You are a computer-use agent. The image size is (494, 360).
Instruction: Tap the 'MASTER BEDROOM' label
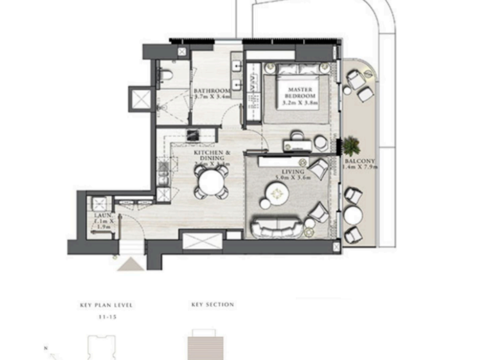(x=299, y=93)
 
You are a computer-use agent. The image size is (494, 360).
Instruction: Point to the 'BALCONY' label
(x=360, y=161)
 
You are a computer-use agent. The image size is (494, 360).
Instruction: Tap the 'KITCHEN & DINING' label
(x=209, y=155)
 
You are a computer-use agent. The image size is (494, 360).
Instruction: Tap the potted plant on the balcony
(x=351, y=145)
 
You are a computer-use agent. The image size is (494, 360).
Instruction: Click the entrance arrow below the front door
(x=127, y=264)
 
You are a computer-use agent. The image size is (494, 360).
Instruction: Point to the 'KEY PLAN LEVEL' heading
(x=107, y=305)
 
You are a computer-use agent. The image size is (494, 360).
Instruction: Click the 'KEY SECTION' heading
(x=212, y=305)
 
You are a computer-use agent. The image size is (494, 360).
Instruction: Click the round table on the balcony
(x=352, y=214)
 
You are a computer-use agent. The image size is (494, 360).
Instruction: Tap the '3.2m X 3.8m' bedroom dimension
(x=299, y=102)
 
